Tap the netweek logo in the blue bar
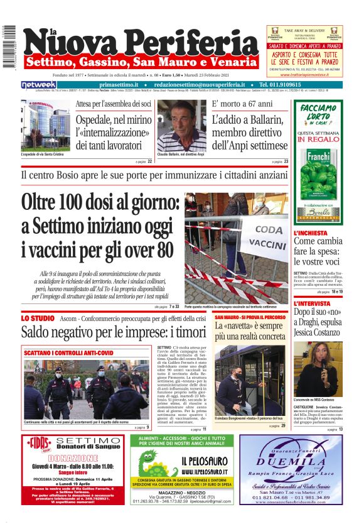tap(38, 84)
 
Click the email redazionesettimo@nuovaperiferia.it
tap(200, 84)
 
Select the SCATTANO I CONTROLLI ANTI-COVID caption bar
tap(69, 353)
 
